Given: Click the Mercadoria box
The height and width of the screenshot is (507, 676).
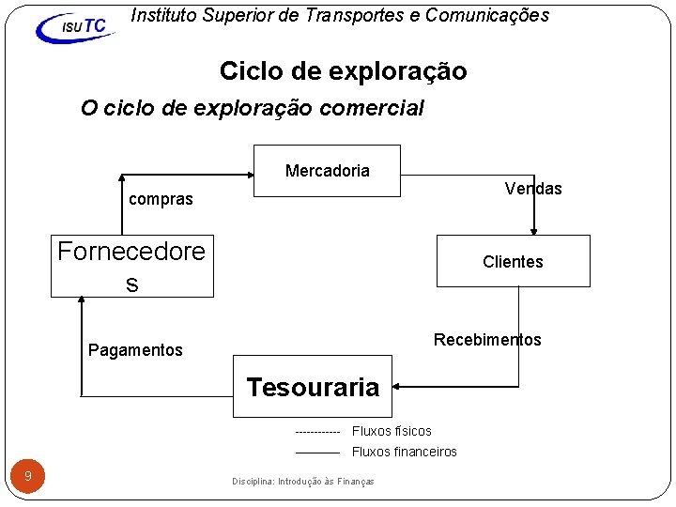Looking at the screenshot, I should coord(327,171).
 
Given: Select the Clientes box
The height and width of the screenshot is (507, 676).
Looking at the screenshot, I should coord(513,261).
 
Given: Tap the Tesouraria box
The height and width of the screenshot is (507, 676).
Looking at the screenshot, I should coord(313,386).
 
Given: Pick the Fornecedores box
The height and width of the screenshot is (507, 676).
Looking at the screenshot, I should coord(131,266).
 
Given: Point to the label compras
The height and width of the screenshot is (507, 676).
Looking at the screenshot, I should coord(161,199).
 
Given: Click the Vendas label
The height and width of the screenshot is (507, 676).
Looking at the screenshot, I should coord(532,189).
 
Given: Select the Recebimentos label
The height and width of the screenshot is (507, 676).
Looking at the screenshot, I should coord(487,340).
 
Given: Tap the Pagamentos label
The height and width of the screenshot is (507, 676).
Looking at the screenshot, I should coord(135,350).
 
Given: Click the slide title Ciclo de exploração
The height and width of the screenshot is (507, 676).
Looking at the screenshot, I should coord(343,71).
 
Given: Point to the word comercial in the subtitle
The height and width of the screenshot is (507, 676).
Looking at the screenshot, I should coord(372,108).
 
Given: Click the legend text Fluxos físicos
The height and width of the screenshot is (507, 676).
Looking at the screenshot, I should coord(392,431).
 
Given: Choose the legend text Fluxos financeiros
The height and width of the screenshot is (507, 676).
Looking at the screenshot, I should coord(404,452).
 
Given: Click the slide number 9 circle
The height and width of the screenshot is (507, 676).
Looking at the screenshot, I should coord(28,476).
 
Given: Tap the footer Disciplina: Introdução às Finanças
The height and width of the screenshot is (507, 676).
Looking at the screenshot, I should coord(303,482).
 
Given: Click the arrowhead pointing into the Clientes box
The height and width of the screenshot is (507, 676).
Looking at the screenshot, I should coord(534,229).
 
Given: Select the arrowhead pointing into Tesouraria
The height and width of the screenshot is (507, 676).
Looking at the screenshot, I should coord(398,385).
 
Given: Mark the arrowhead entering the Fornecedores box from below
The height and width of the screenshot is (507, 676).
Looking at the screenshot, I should coord(82,301).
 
